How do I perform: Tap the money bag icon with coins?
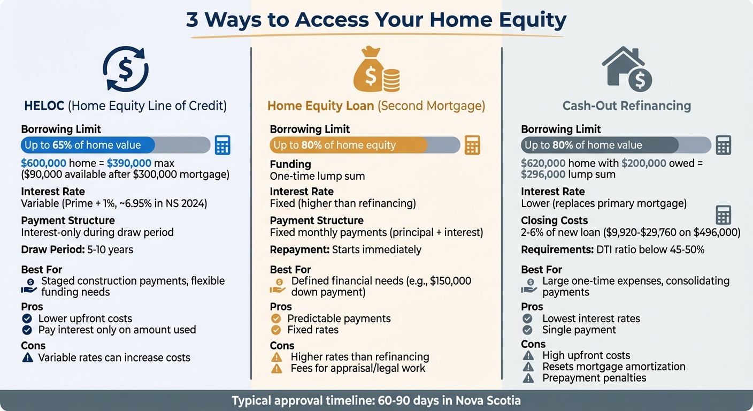click(x=376, y=70)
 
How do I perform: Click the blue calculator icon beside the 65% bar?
click(x=222, y=145)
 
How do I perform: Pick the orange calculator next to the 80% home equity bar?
click(x=472, y=145)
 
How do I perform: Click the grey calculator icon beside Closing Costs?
click(x=723, y=215)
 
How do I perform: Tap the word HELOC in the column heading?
click(x=44, y=106)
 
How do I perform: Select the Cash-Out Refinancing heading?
click(x=626, y=106)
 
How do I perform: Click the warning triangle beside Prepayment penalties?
click(x=528, y=378)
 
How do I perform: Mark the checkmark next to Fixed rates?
click(x=276, y=330)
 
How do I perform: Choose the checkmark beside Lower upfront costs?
click(x=27, y=319)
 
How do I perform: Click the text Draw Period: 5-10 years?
click(x=77, y=250)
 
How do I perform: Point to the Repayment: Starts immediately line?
click(x=345, y=250)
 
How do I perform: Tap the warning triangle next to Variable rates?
click(x=27, y=358)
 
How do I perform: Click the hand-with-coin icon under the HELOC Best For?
click(x=29, y=286)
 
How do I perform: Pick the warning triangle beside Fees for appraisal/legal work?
click(x=276, y=369)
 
